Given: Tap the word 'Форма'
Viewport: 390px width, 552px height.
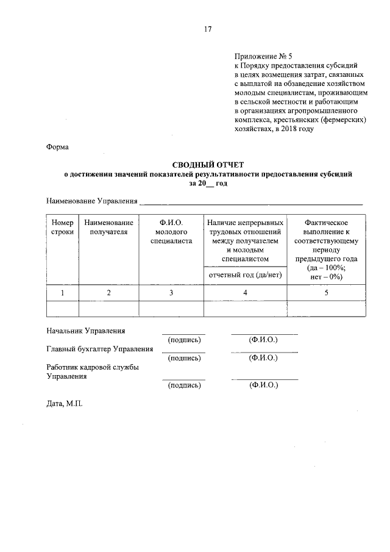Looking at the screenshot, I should click(x=58, y=146).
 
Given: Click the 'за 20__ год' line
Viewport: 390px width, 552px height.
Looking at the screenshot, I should click(x=208, y=184).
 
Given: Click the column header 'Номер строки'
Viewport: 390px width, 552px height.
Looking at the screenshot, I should click(x=62, y=228).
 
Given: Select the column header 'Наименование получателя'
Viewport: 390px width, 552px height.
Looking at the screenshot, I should click(x=108, y=228).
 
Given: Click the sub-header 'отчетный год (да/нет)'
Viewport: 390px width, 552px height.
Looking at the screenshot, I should click(x=245, y=275).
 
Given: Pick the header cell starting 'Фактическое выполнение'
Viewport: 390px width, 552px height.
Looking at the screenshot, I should click(x=326, y=249).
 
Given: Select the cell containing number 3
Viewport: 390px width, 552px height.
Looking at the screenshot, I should click(x=171, y=293).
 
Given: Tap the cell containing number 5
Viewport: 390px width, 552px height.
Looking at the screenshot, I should click(x=326, y=293).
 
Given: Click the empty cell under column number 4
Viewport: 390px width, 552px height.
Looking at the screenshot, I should click(x=245, y=309).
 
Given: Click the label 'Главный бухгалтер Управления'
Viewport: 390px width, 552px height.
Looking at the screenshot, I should click(x=99, y=349).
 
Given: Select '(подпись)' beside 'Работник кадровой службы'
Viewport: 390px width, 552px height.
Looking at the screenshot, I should click(x=184, y=385).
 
